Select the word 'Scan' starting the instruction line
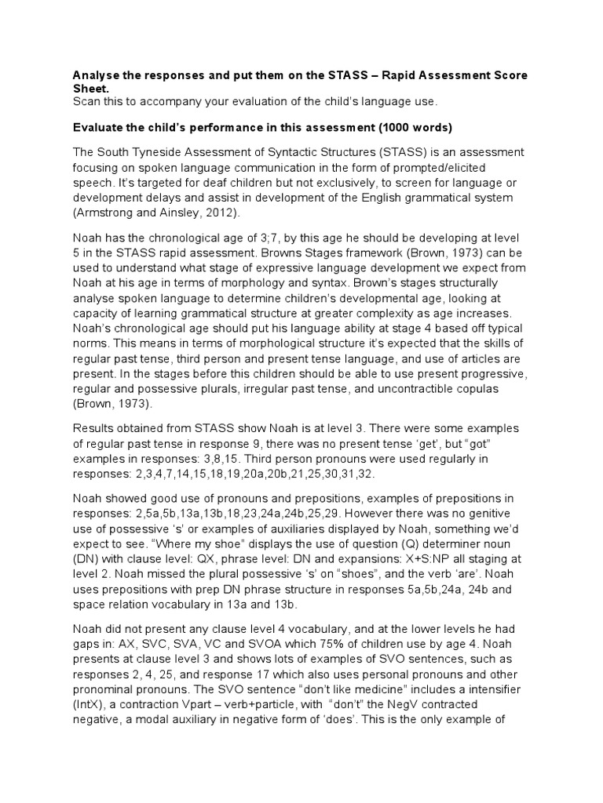pyautogui.click(x=88, y=103)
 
